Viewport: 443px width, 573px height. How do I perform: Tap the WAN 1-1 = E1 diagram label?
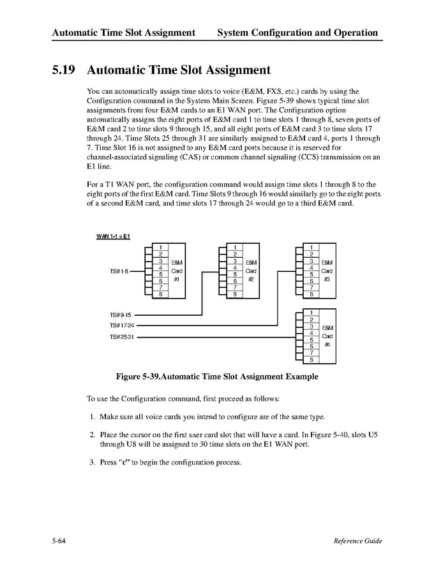[x=113, y=237]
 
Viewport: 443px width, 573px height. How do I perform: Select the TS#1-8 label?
[x=119, y=271]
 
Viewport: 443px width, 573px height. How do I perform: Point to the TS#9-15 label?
[x=120, y=315]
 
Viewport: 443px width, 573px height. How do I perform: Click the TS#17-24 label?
[x=121, y=325]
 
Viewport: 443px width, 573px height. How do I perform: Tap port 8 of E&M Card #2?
[x=236, y=294]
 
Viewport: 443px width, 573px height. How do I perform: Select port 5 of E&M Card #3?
[x=311, y=274]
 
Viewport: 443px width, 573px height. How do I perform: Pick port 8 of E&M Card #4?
[x=311, y=359]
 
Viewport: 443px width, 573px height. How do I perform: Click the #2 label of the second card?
[x=252, y=279]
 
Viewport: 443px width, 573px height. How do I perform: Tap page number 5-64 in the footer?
[x=60, y=541]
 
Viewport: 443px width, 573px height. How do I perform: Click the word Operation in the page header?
[x=351, y=33]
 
